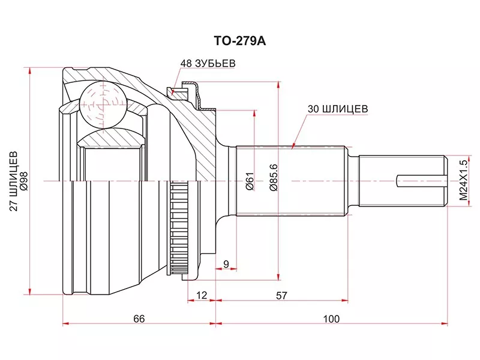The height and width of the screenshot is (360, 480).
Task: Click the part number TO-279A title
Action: click(239, 43)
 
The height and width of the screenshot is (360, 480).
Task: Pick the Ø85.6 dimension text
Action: click(273, 178)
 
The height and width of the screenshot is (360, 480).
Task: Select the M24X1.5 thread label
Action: click(463, 180)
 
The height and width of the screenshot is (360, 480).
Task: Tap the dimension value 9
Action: click(225, 263)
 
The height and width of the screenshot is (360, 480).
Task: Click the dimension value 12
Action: click(201, 295)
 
